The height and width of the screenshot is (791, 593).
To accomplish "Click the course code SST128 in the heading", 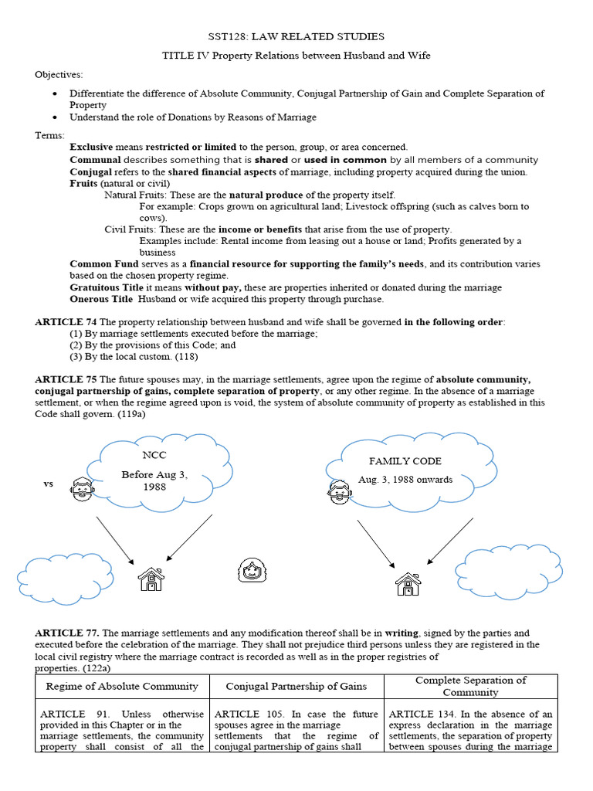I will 229,36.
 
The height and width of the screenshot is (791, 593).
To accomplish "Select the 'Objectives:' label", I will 58,74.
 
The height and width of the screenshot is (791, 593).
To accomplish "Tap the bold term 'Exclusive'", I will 91,147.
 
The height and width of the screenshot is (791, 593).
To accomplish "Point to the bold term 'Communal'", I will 95,160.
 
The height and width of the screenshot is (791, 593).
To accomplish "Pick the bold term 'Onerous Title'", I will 100,299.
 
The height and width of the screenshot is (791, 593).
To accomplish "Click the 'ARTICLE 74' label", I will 65,321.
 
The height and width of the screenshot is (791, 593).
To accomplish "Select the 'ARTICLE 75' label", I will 65,379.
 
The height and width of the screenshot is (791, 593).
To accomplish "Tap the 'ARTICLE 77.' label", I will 67,633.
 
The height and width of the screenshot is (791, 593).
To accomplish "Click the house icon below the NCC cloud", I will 151,579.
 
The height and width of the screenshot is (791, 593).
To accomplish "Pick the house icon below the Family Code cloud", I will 408,583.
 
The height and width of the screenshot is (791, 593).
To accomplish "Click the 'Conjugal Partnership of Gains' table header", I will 296,686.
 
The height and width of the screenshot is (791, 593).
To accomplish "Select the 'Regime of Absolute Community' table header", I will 122,686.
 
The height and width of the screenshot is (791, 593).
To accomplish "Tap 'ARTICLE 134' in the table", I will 418,715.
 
